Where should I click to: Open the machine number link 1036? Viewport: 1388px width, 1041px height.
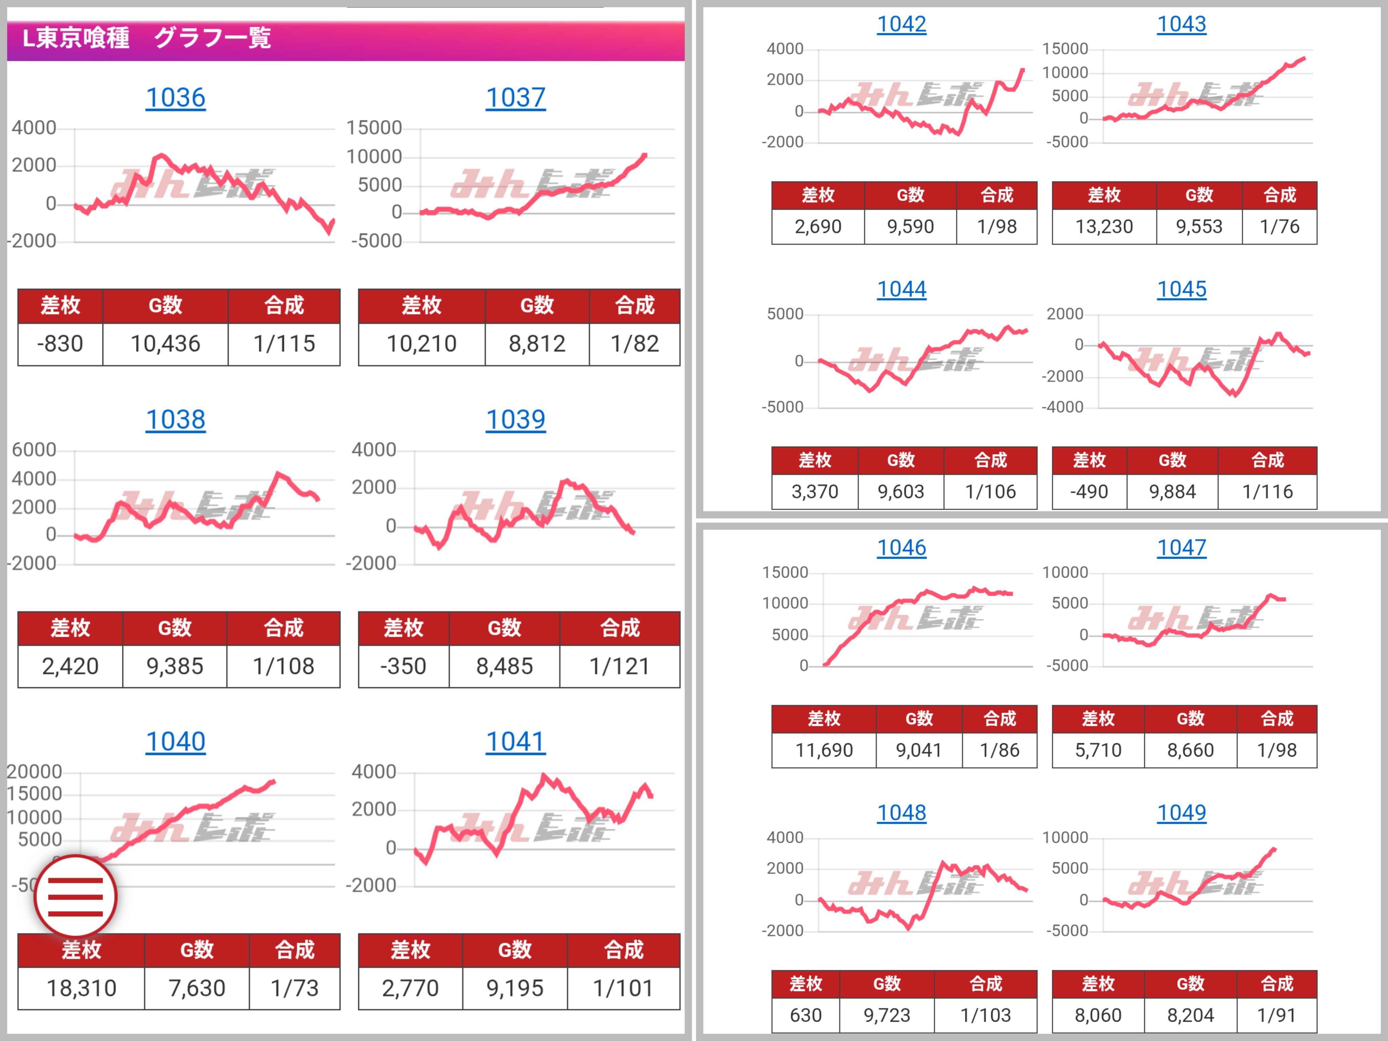[x=176, y=98]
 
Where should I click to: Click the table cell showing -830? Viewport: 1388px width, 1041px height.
[x=60, y=344]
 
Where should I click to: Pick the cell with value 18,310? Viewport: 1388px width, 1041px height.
[x=82, y=988]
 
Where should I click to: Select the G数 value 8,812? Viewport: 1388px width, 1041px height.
[x=537, y=344]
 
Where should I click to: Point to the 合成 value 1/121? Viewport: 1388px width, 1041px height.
[x=619, y=667]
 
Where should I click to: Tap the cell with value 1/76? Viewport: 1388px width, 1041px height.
[x=1280, y=226]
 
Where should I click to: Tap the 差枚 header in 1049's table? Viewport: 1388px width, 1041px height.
[x=1098, y=983]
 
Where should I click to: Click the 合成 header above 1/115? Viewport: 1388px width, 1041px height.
[x=284, y=306]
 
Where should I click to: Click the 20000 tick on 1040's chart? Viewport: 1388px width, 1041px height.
[x=35, y=772]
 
